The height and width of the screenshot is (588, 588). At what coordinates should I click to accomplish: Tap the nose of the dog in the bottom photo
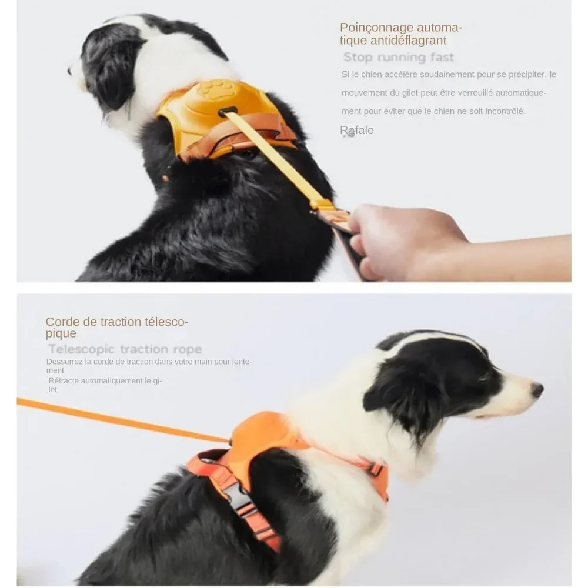tap(537, 390)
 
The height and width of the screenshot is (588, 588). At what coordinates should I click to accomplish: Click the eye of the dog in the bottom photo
tap(483, 375)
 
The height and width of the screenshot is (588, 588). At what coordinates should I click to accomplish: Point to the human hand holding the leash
tap(400, 238)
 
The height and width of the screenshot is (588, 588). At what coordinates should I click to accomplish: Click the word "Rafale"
tap(357, 131)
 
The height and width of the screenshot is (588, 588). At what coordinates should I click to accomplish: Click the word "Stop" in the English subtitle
tap(358, 57)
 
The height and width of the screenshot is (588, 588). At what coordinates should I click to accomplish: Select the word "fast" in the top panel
tap(440, 57)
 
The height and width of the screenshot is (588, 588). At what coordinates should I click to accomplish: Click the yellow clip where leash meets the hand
tap(323, 205)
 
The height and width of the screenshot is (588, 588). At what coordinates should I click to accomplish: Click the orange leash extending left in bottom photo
tap(118, 418)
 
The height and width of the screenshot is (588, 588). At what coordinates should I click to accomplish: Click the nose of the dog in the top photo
tap(71, 69)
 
